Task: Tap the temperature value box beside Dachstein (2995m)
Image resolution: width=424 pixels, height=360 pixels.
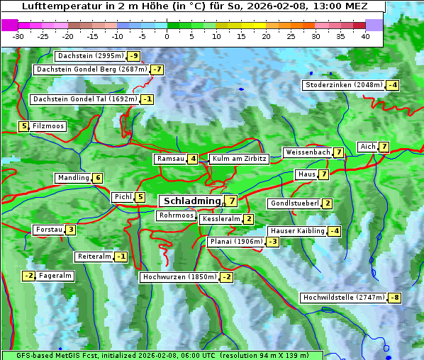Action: pyautogui.click(x=133, y=56)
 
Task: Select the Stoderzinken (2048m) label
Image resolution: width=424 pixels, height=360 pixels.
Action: pyautogui.click(x=343, y=85)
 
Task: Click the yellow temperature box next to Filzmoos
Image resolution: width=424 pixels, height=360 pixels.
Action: pyautogui.click(x=23, y=126)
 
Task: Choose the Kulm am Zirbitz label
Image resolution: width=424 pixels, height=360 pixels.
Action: pyautogui.click(x=239, y=159)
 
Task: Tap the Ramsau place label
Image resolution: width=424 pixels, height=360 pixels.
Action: pyautogui.click(x=170, y=159)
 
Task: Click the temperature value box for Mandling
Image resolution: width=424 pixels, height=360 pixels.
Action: pyautogui.click(x=98, y=178)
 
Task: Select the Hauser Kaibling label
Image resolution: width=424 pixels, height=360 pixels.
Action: pyautogui.click(x=297, y=231)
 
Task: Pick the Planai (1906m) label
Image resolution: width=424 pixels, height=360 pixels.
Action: pyautogui.click(x=236, y=242)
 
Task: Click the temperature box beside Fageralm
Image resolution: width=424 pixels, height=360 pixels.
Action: pyautogui.click(x=29, y=276)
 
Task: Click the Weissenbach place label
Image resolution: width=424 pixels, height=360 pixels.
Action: pyautogui.click(x=307, y=152)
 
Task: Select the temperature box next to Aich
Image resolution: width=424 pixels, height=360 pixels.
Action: pyautogui.click(x=384, y=147)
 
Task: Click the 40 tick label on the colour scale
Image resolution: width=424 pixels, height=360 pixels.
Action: pyautogui.click(x=365, y=36)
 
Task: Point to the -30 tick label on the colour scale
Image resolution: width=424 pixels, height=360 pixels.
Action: pyautogui.click(x=18, y=36)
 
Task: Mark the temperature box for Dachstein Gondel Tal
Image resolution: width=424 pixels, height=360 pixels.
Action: pyautogui.click(x=147, y=99)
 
